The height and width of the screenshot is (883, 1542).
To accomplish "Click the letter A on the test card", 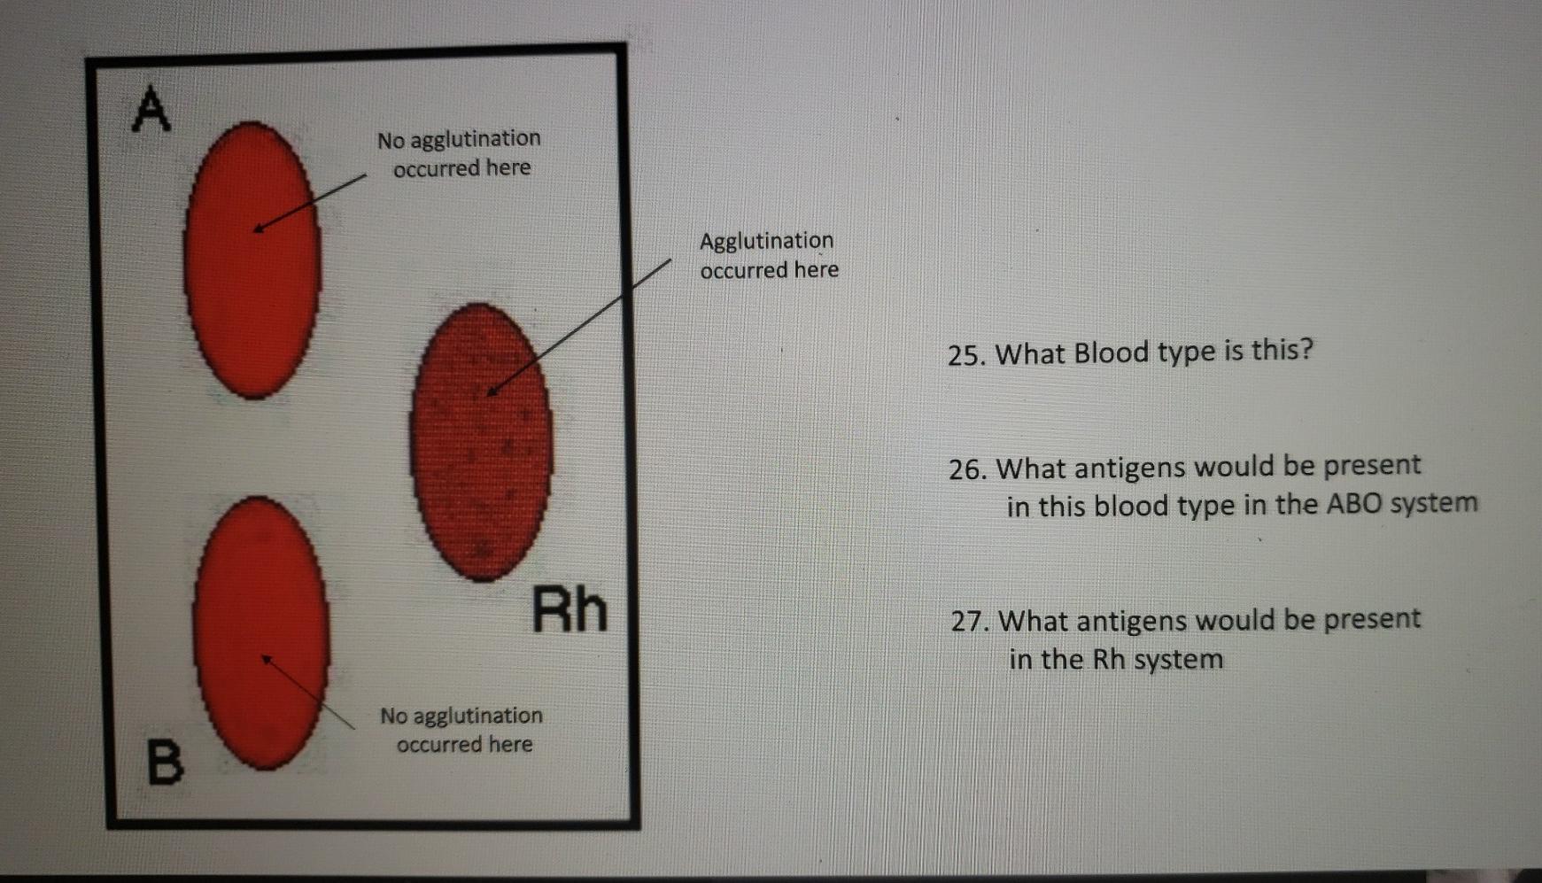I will tap(151, 110).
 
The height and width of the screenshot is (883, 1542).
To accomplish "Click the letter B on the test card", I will tap(166, 762).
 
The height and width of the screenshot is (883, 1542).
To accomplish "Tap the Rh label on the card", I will tap(570, 610).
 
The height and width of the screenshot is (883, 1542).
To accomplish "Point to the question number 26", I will tap(967, 469).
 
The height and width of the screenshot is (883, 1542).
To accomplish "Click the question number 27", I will tap(970, 622).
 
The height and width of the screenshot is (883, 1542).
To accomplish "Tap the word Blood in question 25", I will tap(1112, 352).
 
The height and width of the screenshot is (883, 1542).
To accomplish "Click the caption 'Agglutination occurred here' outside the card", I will tap(768, 255).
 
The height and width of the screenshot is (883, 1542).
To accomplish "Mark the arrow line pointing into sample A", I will tap(310, 202).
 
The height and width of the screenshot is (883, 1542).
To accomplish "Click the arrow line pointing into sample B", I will tap(308, 693).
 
